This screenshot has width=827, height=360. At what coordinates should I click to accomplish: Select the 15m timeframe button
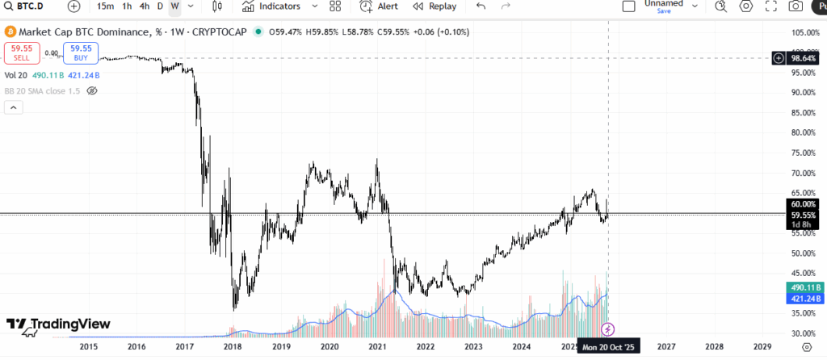pyautogui.click(x=105, y=6)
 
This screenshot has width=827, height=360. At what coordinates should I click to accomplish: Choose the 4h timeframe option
pyautogui.click(x=144, y=6)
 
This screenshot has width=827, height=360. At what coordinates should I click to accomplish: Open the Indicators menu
pyautogui.click(x=271, y=6)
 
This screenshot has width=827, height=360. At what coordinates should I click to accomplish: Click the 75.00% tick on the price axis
pyautogui.click(x=802, y=153)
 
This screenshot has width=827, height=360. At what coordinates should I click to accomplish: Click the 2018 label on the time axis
pyautogui.click(x=233, y=346)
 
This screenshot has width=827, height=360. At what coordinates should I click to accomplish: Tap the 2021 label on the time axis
pyautogui.click(x=377, y=346)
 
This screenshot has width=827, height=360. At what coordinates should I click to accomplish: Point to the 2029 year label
pyautogui.click(x=762, y=346)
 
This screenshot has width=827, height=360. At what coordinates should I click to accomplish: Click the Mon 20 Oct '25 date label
pyautogui.click(x=610, y=346)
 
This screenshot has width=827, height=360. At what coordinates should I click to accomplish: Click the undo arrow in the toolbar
pyautogui.click(x=481, y=6)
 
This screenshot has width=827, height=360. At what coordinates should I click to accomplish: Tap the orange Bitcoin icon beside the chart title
pyautogui.click(x=10, y=32)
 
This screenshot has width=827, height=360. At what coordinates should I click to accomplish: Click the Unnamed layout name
pyautogui.click(x=663, y=4)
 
